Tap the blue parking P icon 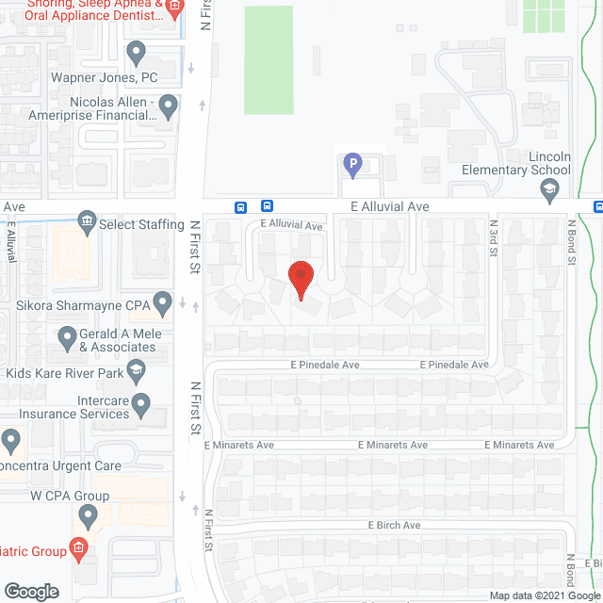pos(352,167)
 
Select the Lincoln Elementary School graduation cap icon pos(548,191)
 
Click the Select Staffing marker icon pos(87,222)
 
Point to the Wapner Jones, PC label pos(105,78)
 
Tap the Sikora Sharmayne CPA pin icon pos(162,303)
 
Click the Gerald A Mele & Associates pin pos(67,336)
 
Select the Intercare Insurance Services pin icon pos(141,406)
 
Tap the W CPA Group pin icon pos(89,515)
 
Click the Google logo pos(31,592)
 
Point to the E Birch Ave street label pos(394,525)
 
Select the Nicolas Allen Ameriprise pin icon pos(170,107)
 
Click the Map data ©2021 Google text pos(545,595)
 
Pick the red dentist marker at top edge pos(173,8)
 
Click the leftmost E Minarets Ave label pos(237,445)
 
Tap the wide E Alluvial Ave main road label pos(390,206)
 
